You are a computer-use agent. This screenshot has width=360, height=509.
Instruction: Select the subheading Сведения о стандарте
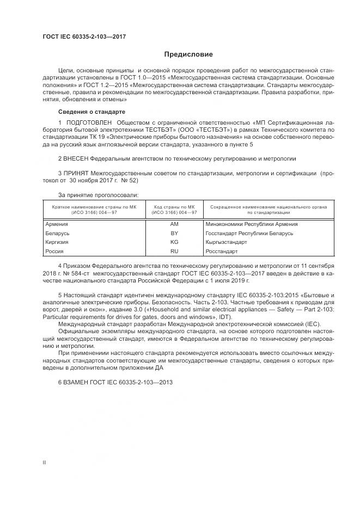pyautogui.click(x=91, y=112)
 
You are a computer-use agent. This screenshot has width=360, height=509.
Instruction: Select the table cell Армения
pyautogui.click(x=56, y=224)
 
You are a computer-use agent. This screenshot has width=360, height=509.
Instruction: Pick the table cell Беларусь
pyautogui.click(x=57, y=233)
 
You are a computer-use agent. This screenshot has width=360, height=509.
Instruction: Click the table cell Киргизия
pyautogui.click(x=57, y=242)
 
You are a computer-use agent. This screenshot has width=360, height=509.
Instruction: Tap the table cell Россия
pyautogui.click(x=54, y=251)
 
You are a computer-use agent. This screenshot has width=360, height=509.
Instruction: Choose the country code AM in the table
pyautogui.click(x=174, y=224)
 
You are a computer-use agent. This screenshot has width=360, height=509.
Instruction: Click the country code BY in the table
pyautogui.click(x=174, y=233)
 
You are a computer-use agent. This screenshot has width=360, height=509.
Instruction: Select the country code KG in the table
pyautogui.click(x=174, y=242)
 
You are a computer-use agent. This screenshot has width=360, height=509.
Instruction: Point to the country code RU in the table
pyautogui.click(x=174, y=251)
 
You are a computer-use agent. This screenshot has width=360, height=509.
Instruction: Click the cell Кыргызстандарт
pyautogui.click(x=227, y=242)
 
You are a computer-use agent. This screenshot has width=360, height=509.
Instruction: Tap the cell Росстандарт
pyautogui.click(x=222, y=251)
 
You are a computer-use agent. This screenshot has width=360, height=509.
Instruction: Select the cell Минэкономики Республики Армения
pyautogui.click(x=252, y=224)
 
